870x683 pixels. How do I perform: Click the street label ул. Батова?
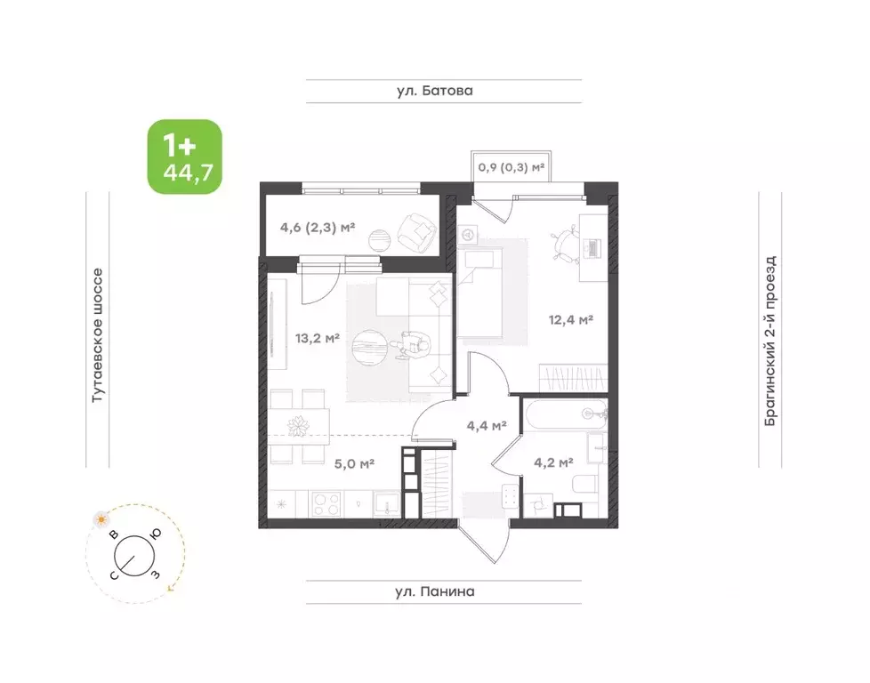[x=435, y=91]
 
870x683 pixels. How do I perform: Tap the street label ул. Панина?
[x=435, y=591]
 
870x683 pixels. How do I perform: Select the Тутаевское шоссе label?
[x=97, y=335]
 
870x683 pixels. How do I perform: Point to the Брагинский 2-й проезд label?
[x=770, y=341]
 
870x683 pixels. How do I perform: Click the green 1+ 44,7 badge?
[x=184, y=157]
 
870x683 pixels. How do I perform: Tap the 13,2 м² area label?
[x=318, y=338]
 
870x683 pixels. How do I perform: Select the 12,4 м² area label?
[x=571, y=320]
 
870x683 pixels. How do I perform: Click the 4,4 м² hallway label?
[x=487, y=426]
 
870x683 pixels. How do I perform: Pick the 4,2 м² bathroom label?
[x=553, y=462]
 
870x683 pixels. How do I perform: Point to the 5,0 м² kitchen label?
[x=354, y=463]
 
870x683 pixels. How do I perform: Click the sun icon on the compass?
[x=101, y=520]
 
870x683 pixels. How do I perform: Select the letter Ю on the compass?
[x=156, y=534]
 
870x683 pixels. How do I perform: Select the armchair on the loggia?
[x=416, y=231]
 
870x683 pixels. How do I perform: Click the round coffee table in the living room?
[x=369, y=349]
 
